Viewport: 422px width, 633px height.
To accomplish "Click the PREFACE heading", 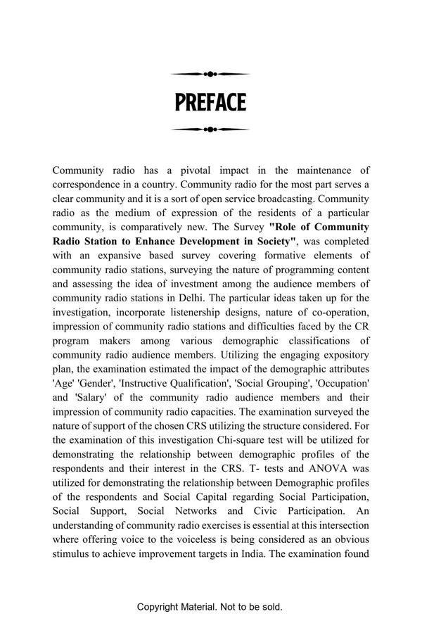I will click(210, 103).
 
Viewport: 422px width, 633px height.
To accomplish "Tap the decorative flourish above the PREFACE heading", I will click(210, 74).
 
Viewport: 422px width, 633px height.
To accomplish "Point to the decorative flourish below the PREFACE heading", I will click(210, 130).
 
